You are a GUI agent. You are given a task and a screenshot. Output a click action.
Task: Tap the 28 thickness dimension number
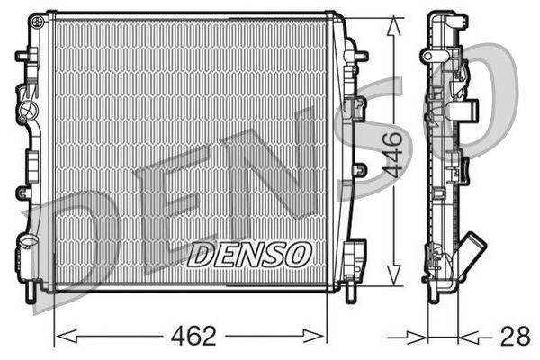[x=514, y=337]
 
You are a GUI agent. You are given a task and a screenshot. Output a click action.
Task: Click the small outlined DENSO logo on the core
[x=249, y=254]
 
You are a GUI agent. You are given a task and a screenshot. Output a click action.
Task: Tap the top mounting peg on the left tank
[x=21, y=56]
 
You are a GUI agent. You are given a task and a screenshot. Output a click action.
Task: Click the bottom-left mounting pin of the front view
[x=33, y=291]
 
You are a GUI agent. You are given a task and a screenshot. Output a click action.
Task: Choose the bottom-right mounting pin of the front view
[x=348, y=291]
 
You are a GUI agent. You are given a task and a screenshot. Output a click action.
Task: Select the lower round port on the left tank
[x=25, y=244]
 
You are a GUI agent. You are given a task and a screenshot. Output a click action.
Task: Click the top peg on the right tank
[x=360, y=56]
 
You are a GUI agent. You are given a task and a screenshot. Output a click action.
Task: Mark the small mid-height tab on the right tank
[x=360, y=169]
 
